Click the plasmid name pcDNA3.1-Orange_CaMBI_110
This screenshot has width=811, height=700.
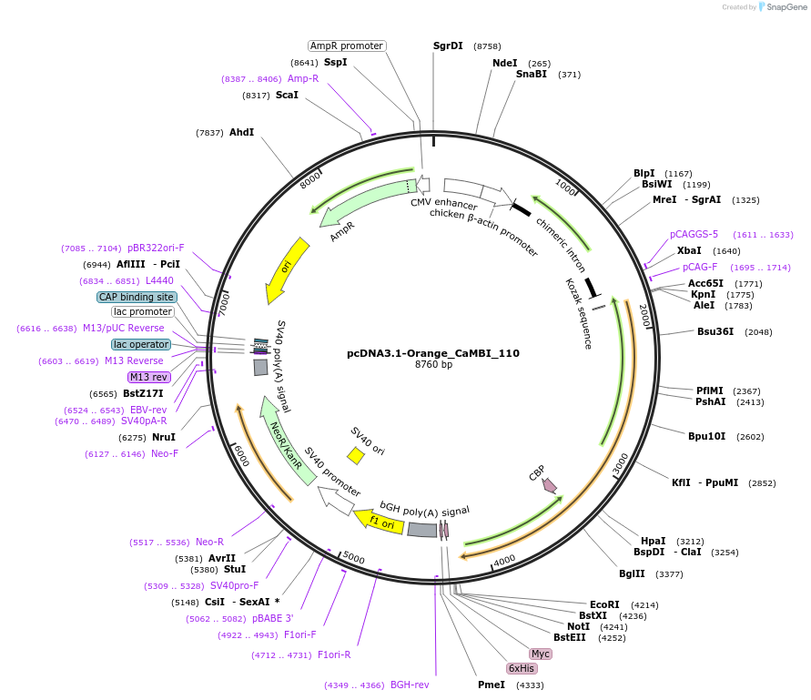pos(433,352)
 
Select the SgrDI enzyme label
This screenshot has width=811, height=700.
pos(448,46)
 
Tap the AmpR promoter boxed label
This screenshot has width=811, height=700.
pos(346,46)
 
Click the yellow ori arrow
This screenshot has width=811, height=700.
pos(282,269)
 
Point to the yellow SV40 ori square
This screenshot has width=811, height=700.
pos(356,453)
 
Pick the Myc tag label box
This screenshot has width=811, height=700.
pos(541,654)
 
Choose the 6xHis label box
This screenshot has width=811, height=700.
pos(522,668)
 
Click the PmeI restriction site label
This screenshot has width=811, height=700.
pos(492,685)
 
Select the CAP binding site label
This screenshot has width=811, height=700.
pos(137,297)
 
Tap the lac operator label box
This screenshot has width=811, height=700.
pos(140,344)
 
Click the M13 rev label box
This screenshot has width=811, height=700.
pos(148,377)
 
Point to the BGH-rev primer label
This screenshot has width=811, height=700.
pos(410,685)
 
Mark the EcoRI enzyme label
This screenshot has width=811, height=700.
pos(604,604)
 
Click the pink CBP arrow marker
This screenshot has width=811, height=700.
pos(549,485)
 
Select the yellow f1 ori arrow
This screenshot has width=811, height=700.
pos(379,521)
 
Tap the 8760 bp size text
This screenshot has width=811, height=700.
pos(433,365)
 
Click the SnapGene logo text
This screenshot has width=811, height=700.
pos(783,7)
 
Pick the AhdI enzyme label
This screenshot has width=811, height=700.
pos(241,132)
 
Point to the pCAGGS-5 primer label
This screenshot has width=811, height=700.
pos(694,234)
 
